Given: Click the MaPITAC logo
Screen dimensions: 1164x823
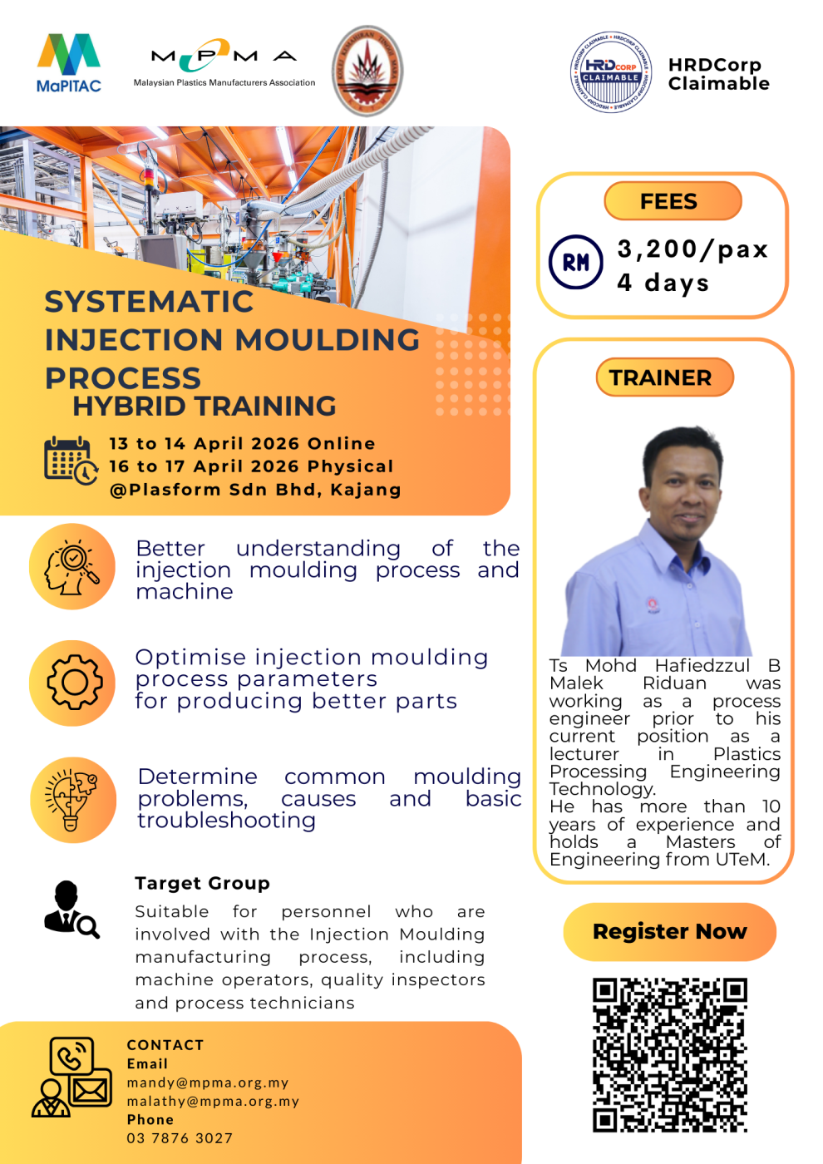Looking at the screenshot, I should tap(68, 62).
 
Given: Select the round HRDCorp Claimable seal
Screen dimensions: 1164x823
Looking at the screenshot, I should tap(611, 72).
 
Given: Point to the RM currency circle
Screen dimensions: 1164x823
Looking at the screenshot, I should tap(575, 263).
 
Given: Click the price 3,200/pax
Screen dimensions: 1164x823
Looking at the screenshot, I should tap(692, 249).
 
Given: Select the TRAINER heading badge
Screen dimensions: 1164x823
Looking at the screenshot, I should tap(663, 377).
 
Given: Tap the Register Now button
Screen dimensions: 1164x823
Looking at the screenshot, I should tap(669, 931).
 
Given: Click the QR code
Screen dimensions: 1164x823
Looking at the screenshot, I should tap(669, 1054).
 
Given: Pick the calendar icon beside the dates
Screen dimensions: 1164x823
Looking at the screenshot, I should tap(70, 460).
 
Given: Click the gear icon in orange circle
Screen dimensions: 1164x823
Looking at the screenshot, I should tap(73, 683).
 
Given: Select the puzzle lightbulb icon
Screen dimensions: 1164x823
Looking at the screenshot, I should tap(73, 800).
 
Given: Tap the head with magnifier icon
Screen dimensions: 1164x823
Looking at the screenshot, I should tap(73, 567).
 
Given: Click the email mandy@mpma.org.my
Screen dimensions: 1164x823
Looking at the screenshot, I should tap(208, 1083).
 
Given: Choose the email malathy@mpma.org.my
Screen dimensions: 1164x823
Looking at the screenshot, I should tap(213, 1101).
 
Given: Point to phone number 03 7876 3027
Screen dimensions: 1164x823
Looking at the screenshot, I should tap(180, 1138).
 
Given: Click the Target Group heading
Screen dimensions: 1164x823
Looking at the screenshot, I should tap(202, 883).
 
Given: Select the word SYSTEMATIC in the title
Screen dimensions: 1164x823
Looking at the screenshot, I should tap(149, 302).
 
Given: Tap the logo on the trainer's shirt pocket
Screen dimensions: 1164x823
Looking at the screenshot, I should tap(653, 604).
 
